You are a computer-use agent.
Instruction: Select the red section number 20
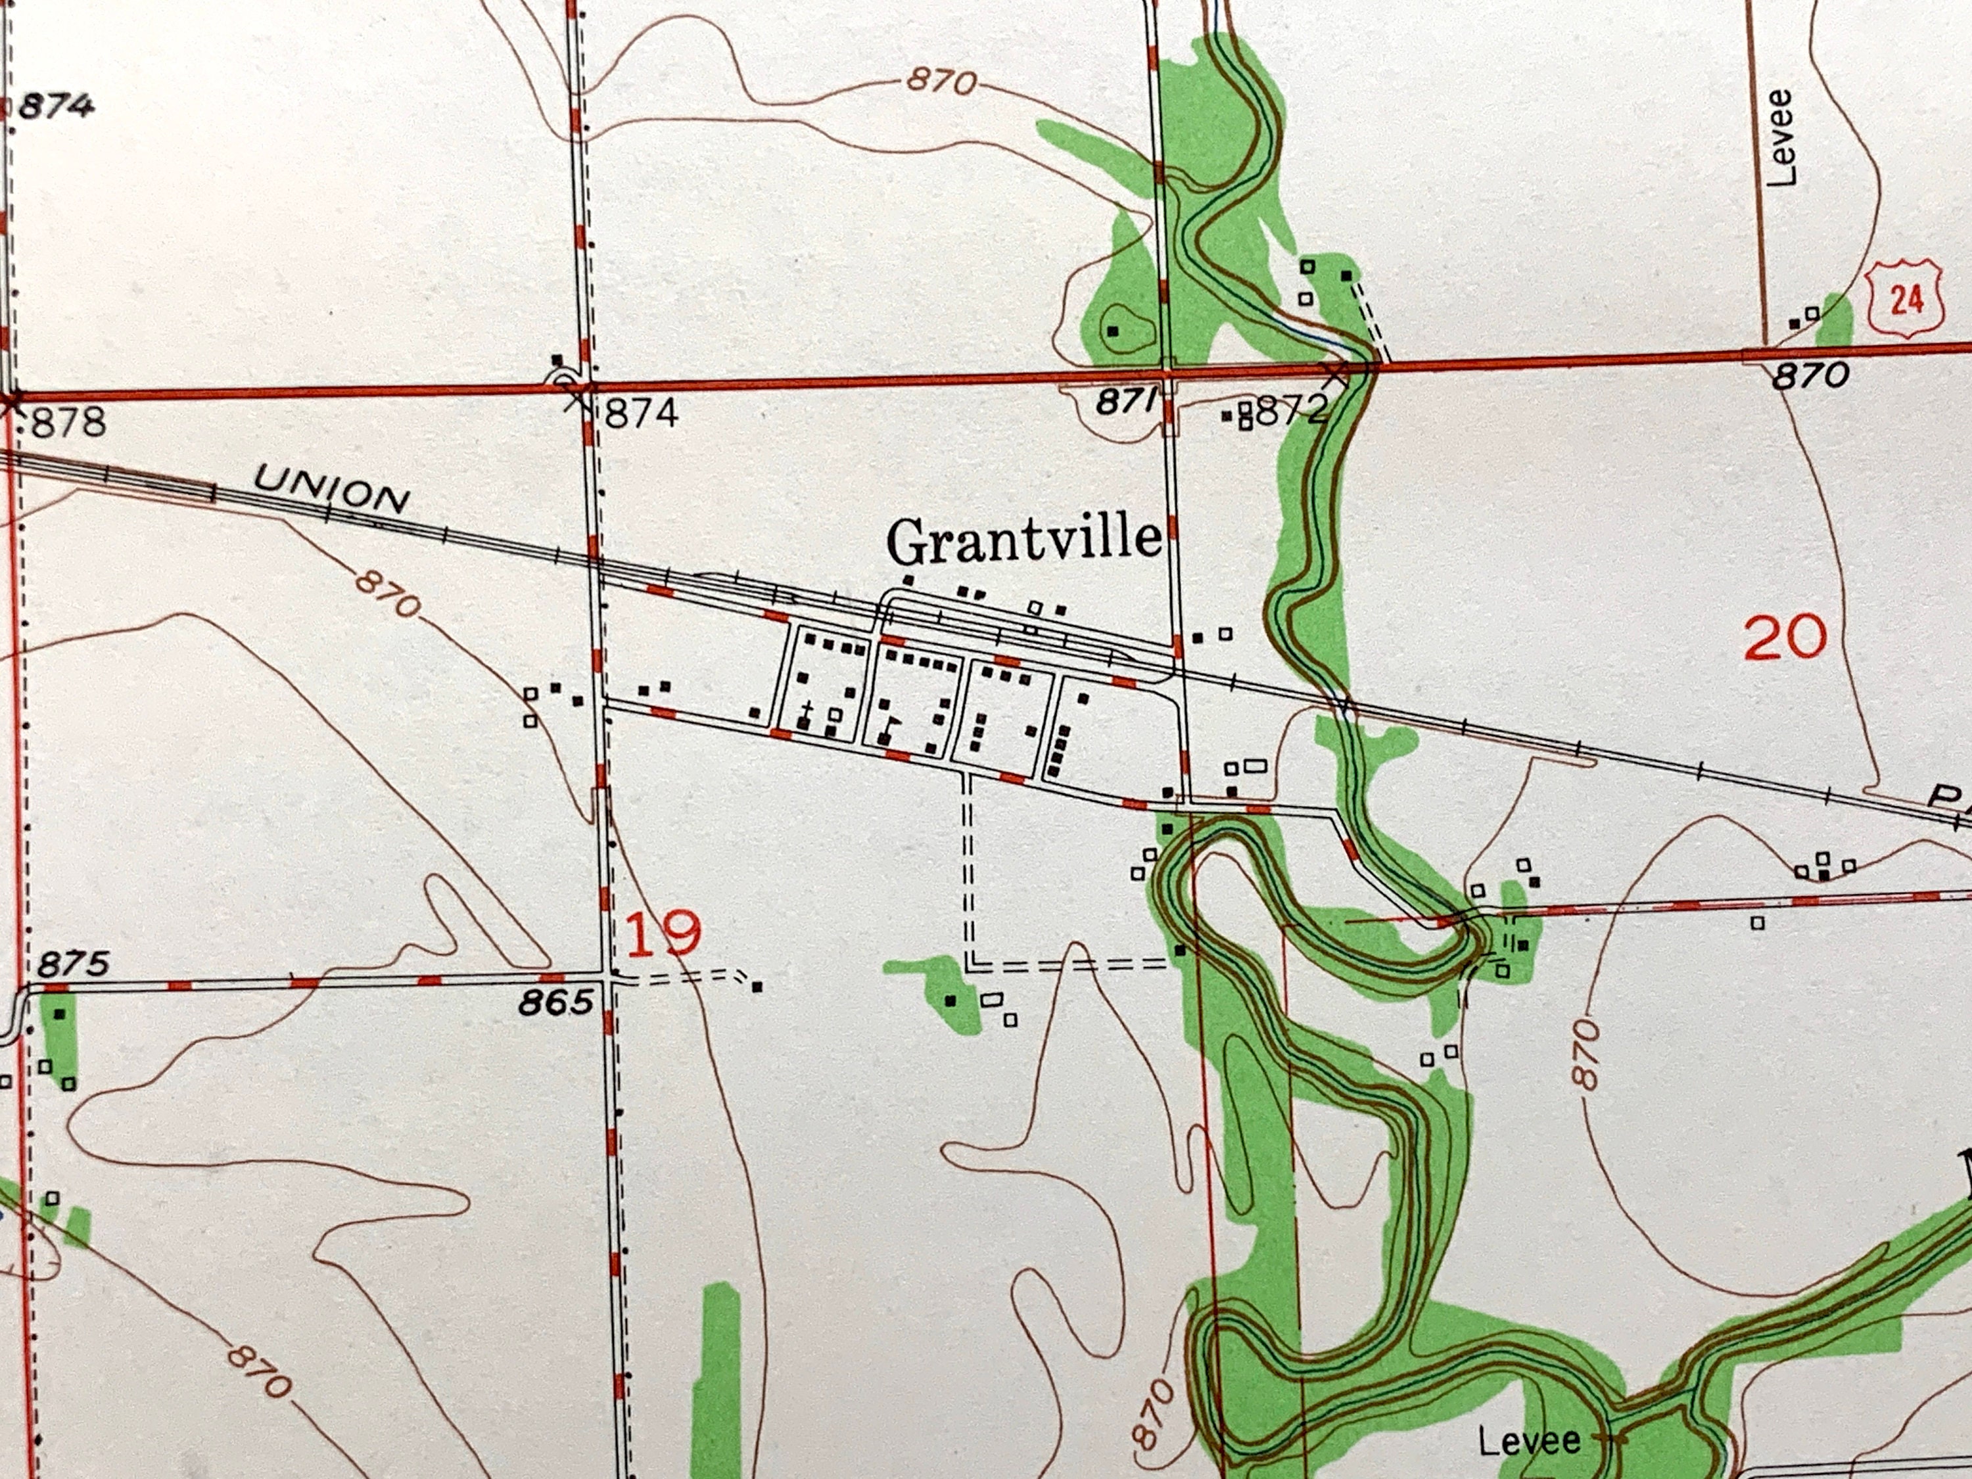(x=1785, y=638)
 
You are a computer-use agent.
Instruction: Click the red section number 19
(x=664, y=933)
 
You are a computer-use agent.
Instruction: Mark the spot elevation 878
(x=68, y=422)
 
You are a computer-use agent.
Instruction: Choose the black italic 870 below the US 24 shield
(x=1810, y=376)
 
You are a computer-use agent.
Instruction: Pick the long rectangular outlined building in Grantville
(x=1256, y=765)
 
